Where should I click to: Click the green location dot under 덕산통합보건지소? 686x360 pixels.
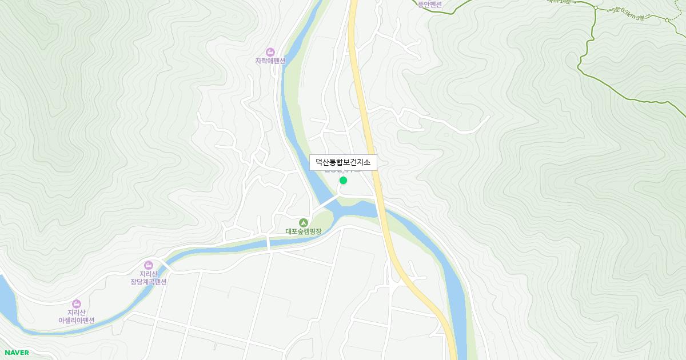(x=343, y=181)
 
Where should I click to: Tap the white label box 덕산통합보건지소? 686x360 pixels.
(x=343, y=162)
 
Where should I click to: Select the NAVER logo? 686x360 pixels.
(x=16, y=353)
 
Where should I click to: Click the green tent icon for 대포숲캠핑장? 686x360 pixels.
(x=304, y=222)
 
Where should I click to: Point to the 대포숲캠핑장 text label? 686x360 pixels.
(x=304, y=232)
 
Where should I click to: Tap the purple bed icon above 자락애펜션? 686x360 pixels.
(x=270, y=52)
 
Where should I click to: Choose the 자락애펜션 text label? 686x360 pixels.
(x=270, y=61)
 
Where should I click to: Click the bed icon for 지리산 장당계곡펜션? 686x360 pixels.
(x=149, y=265)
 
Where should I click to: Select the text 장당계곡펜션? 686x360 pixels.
(x=149, y=282)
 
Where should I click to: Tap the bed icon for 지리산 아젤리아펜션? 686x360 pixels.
(x=77, y=303)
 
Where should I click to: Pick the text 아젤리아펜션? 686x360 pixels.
(x=77, y=321)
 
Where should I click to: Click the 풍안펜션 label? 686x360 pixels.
(x=430, y=4)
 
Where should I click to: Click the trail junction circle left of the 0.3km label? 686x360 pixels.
(x=595, y=7)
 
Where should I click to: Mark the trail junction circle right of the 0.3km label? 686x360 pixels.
(x=667, y=21)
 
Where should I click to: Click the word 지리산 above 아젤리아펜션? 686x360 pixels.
(x=77, y=313)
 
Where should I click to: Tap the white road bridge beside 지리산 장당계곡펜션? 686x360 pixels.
(x=166, y=265)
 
